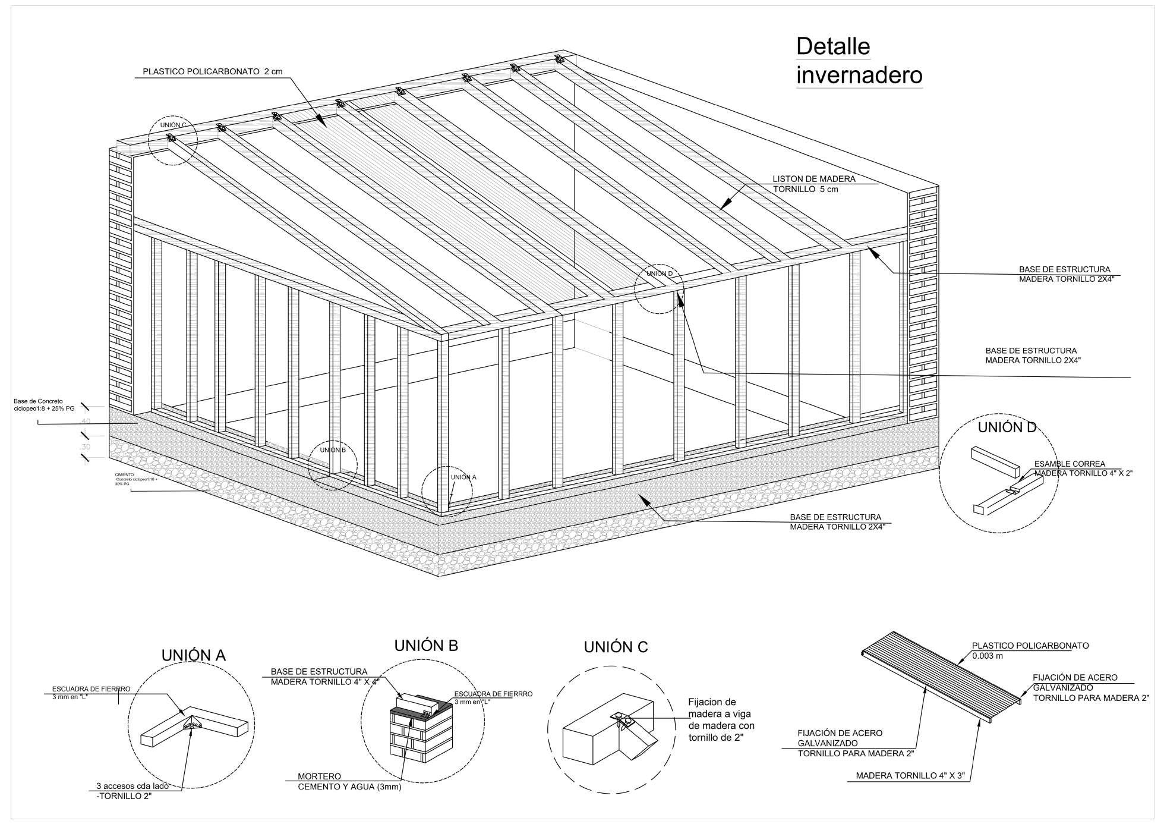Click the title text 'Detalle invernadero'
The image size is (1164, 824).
pos(859,61)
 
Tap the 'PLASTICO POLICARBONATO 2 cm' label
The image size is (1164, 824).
pos(212,72)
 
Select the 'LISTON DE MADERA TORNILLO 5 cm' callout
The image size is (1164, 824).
pos(813,184)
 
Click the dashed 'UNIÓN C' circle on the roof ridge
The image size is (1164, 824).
pos(172,140)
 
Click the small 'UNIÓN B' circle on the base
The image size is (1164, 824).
pos(333,465)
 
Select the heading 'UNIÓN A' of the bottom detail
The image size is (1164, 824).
pos(194,655)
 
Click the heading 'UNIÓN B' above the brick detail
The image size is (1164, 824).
pos(426,646)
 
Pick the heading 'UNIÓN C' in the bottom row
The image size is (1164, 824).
pos(616,647)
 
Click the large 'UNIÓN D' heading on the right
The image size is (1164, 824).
pos(1007,427)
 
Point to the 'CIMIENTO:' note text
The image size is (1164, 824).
pos(125,475)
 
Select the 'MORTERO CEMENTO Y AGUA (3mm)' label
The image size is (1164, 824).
pos(349,782)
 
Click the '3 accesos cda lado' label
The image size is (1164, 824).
pos(132,786)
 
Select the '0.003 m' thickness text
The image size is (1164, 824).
pos(988,656)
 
